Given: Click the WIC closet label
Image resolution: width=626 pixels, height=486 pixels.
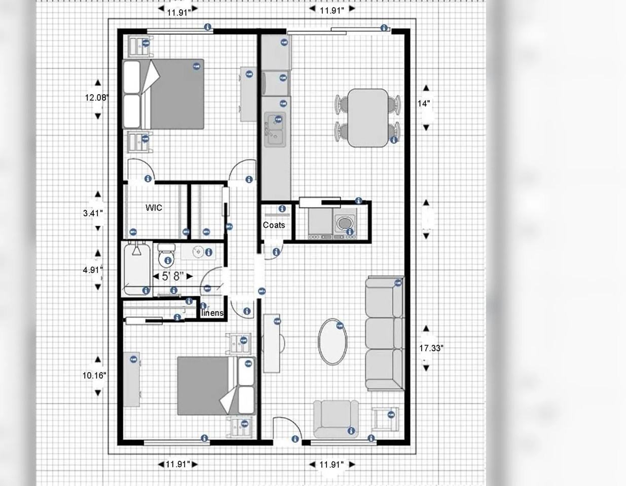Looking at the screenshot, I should (x=154, y=208).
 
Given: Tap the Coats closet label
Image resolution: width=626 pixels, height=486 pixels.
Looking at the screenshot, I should (x=274, y=225).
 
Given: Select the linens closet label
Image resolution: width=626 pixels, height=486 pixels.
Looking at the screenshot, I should (x=212, y=313).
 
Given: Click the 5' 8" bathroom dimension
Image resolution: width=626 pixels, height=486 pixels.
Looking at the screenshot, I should (x=173, y=276).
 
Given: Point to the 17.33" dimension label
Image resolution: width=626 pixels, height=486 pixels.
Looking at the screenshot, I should (x=431, y=348).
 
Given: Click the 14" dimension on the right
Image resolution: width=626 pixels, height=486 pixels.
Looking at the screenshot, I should (x=424, y=103).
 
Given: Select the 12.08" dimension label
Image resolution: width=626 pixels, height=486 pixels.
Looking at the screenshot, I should (x=96, y=97).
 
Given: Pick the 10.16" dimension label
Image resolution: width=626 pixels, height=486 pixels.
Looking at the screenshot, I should (x=94, y=375).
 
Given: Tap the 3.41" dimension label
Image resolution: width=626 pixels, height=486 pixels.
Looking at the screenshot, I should (x=93, y=213).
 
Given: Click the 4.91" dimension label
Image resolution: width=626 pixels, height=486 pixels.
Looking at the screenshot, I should (x=93, y=270).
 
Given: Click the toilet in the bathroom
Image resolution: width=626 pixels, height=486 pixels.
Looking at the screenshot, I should (x=165, y=256).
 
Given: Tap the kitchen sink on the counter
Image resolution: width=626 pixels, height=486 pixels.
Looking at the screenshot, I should (x=274, y=130).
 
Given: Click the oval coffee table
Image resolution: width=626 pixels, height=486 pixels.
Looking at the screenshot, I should (x=333, y=341).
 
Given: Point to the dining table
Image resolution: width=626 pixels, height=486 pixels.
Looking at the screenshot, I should (x=368, y=118).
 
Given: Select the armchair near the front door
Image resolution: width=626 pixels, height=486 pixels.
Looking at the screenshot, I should (x=336, y=419).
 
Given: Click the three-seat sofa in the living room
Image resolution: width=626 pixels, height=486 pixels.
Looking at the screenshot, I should (x=385, y=333).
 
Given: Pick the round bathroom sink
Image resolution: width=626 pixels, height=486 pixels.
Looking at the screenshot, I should (x=198, y=252).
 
